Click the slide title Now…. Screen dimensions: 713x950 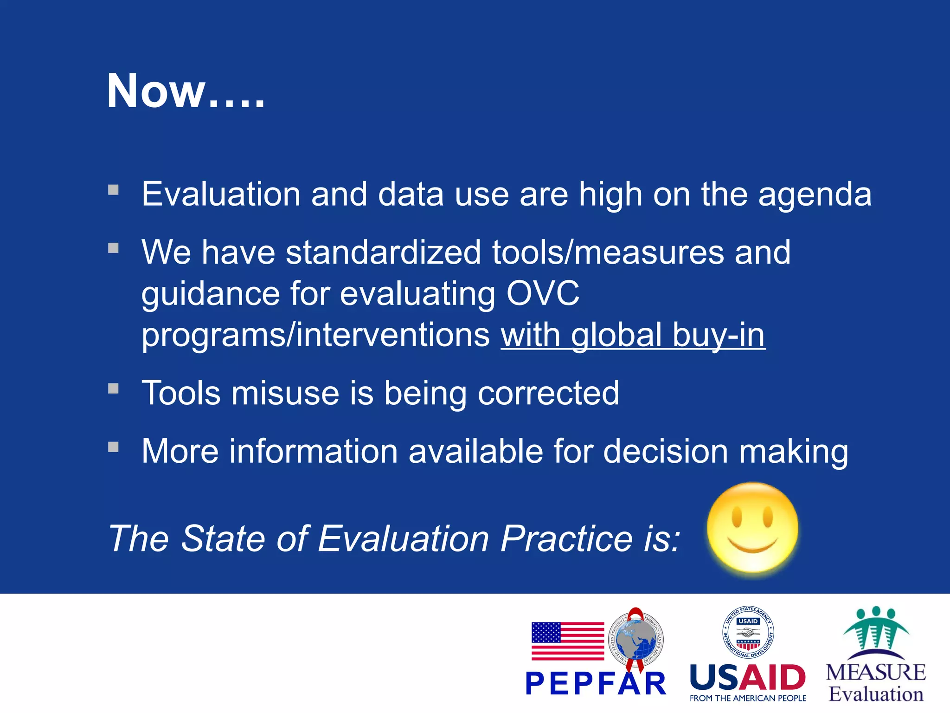pyautogui.click(x=186, y=91)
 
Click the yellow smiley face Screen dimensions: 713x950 pyautogui.click(x=752, y=529)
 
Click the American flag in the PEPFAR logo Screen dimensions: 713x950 pyautogui.click(x=568, y=641)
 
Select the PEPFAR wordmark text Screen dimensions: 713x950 pyautogui.click(x=596, y=684)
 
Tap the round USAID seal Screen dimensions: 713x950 pyautogui.click(x=748, y=632)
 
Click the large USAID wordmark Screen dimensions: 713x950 pyautogui.click(x=748, y=678)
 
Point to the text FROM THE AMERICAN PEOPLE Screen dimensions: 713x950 pyautogui.click(x=748, y=698)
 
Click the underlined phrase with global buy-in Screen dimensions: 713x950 pyautogui.click(x=633, y=335)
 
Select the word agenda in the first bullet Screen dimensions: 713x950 pyautogui.click(x=815, y=194)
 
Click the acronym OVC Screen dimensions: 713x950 pyautogui.click(x=543, y=293)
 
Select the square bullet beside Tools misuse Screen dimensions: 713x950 pyautogui.click(x=114, y=388)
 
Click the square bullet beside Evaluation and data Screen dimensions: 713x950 pyautogui.click(x=114, y=189)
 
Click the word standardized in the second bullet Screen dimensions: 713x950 pyautogui.click(x=383, y=253)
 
